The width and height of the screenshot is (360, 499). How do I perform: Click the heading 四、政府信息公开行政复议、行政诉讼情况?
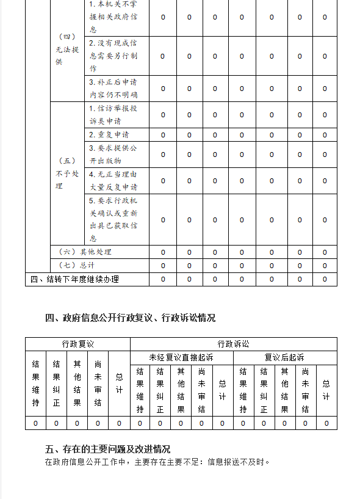131,318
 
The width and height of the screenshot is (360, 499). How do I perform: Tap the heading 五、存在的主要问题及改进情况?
108,449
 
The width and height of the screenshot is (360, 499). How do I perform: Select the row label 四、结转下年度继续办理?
74,280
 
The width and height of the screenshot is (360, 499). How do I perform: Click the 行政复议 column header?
77,344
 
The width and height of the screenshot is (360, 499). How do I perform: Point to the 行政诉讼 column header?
233,344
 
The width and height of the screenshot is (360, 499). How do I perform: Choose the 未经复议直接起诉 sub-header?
181,358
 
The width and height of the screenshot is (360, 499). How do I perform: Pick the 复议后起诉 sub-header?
284,358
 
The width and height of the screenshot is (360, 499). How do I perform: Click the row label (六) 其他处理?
85,252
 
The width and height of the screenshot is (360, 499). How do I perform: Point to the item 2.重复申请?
109,135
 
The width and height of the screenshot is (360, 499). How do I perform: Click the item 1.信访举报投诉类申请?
113,115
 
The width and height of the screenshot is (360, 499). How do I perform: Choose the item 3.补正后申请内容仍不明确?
113,89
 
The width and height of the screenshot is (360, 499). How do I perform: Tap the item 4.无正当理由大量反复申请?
113,181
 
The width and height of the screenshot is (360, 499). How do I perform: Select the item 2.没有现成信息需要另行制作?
113,56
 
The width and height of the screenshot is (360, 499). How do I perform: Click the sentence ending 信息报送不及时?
157,462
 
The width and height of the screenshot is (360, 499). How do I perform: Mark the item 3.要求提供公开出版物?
113,155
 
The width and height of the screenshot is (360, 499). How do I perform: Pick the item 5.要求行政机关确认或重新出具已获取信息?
113,220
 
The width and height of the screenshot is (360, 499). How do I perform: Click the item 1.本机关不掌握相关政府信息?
113,17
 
